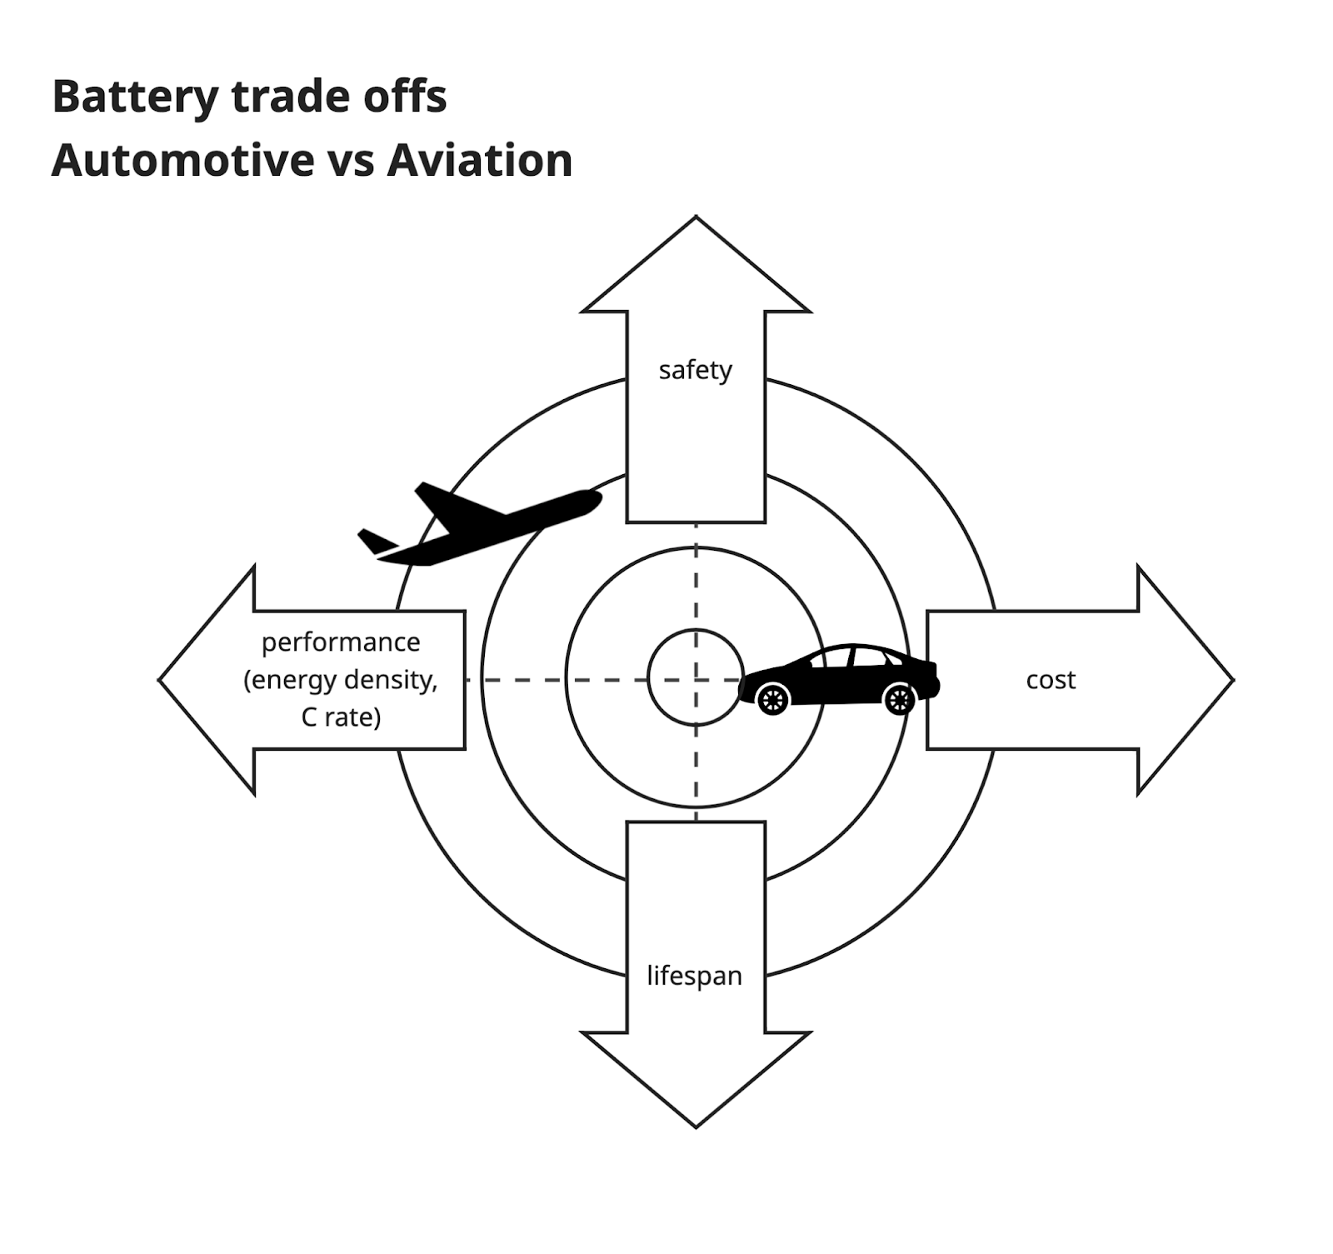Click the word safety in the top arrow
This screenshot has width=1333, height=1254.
[x=695, y=369]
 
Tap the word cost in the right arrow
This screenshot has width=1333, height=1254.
[x=1050, y=680]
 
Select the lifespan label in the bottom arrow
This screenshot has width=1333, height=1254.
[x=694, y=975]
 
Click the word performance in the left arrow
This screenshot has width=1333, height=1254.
[x=341, y=642]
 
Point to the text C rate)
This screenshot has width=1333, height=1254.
[x=341, y=717]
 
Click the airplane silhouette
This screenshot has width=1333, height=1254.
[x=483, y=525]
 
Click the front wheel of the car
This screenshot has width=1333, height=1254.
[x=899, y=699]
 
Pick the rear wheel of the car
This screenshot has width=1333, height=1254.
[x=773, y=698]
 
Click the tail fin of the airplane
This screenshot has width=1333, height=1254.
[x=375, y=541]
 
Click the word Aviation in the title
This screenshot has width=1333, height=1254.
[x=480, y=161]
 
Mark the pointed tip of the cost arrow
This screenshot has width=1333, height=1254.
[x=1231, y=680]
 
